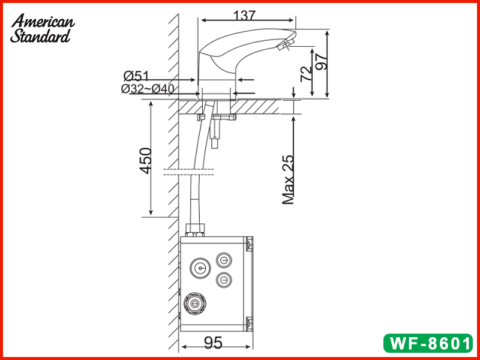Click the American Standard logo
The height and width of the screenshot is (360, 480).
click(42, 28)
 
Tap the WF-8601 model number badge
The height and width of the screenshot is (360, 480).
click(428, 343)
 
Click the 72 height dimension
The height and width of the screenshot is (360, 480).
click(307, 74)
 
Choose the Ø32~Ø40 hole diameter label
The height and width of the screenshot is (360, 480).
click(148, 89)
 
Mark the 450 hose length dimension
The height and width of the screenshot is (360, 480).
click(146, 160)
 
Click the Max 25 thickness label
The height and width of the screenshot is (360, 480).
click(288, 179)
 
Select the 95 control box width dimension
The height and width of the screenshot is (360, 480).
click(213, 343)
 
